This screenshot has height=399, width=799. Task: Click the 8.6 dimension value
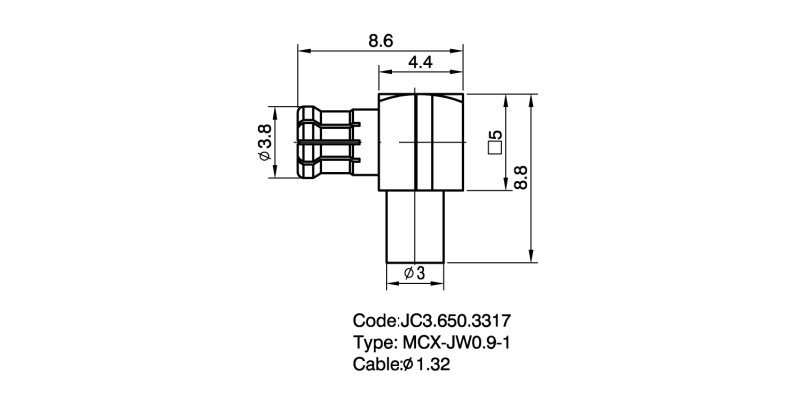[x=381, y=41]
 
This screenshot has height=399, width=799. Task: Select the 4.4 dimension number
[x=420, y=63]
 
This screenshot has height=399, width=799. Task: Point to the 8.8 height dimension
[x=520, y=177]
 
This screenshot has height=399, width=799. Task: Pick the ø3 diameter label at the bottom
[x=414, y=273]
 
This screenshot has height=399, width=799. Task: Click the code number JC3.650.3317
[x=456, y=321]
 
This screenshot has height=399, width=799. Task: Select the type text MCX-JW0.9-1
[x=456, y=342]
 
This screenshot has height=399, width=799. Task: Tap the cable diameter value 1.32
[x=433, y=364]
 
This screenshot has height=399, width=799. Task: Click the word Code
[x=374, y=321]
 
